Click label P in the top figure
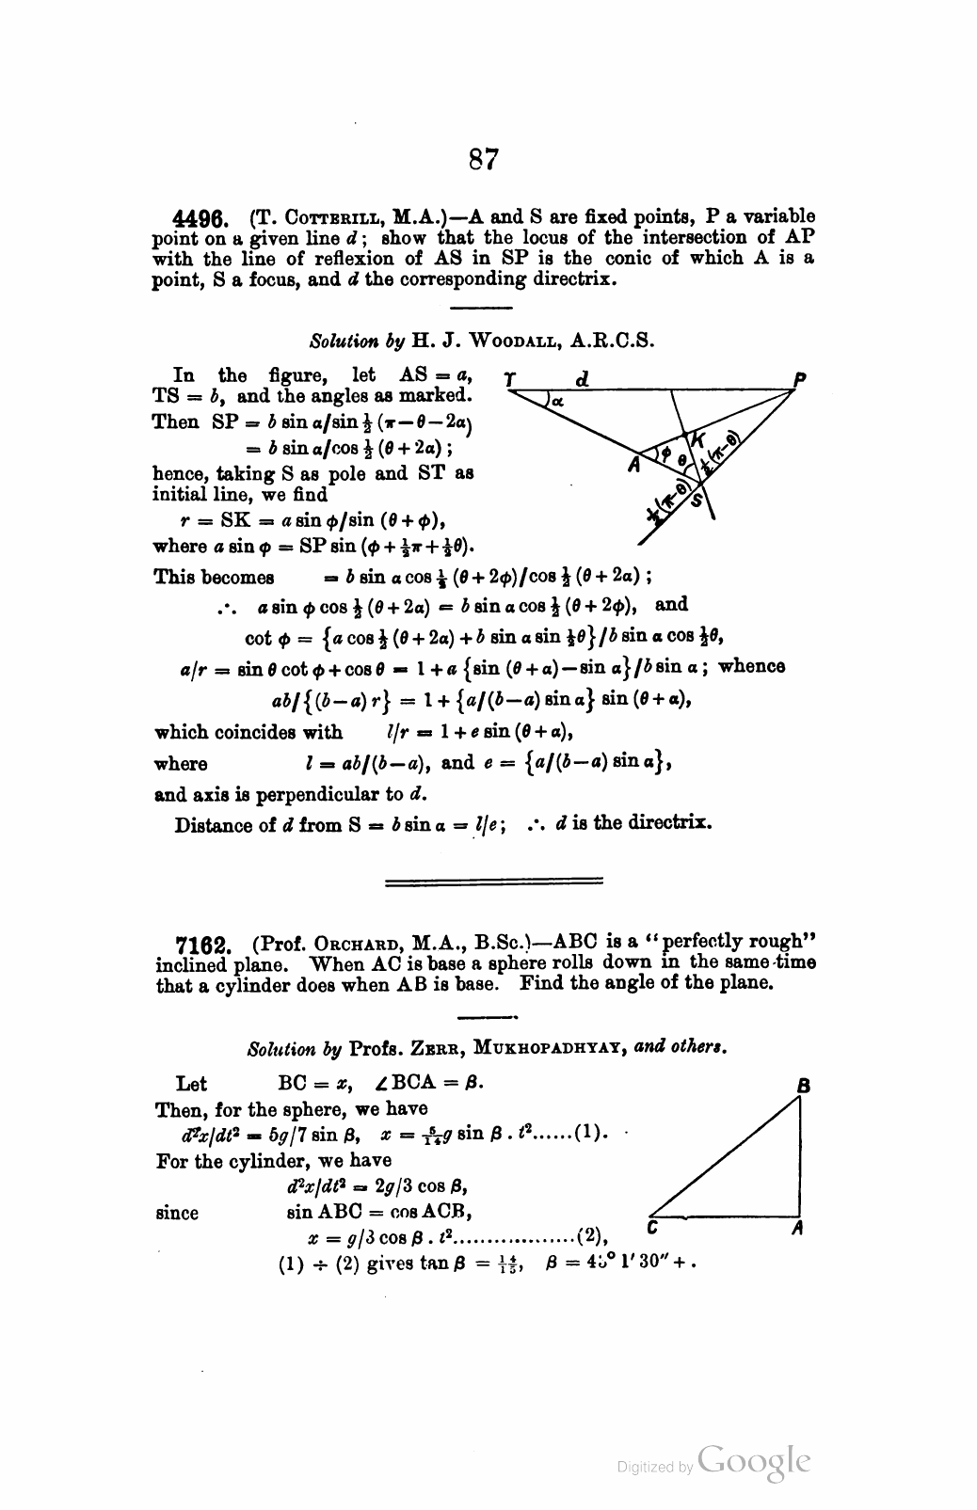(800, 378)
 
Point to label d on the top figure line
(582, 378)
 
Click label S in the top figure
(697, 501)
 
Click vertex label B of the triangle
(803, 1085)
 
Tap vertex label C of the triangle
(650, 1227)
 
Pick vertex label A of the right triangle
(796, 1228)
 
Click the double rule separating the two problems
(493, 882)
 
